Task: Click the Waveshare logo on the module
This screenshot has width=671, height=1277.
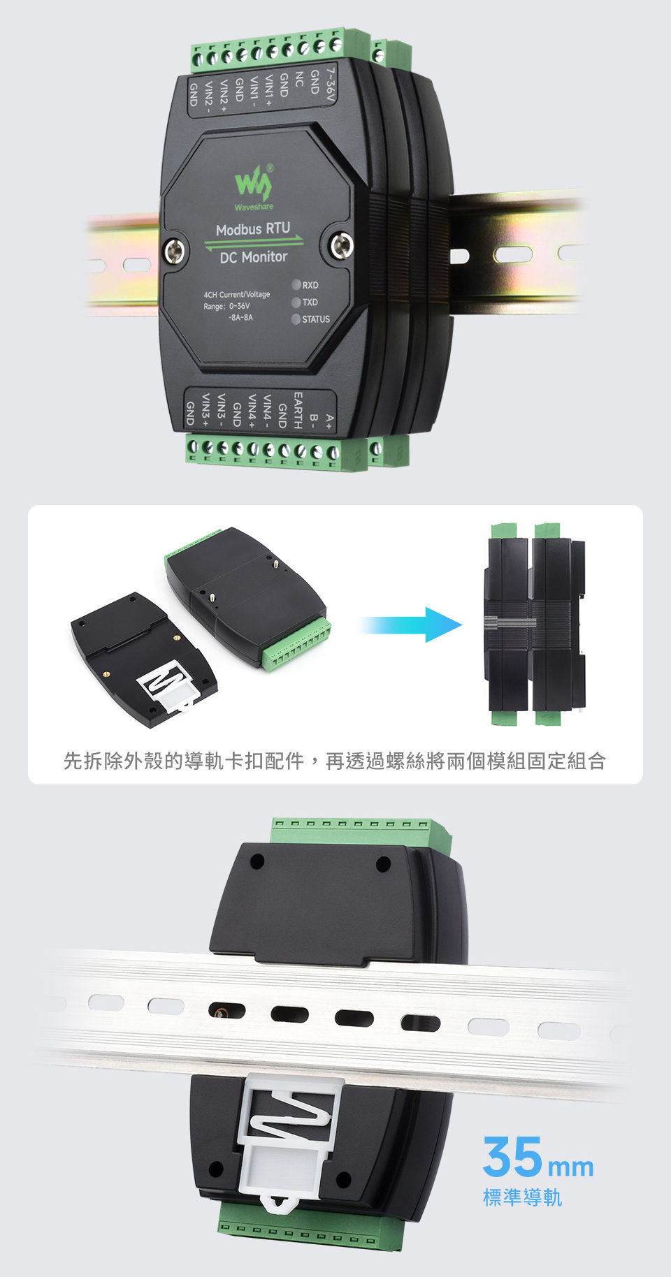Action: [x=254, y=184]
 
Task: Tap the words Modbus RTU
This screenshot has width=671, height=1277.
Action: [x=252, y=229]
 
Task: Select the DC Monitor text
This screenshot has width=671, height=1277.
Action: [x=253, y=257]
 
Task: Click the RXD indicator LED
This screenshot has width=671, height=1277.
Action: [x=296, y=285]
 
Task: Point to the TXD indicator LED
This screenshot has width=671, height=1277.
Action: [x=296, y=302]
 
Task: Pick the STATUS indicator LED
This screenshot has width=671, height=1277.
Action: [x=296, y=319]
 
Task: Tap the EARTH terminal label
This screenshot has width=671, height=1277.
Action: [x=298, y=410]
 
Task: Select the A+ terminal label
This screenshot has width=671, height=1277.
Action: [x=329, y=421]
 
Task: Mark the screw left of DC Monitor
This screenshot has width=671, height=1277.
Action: [x=174, y=250]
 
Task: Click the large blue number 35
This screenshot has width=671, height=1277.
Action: [x=512, y=1157]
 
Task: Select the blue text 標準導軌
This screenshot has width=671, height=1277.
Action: [x=522, y=1197]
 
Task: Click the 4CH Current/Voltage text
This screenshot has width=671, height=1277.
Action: [x=236, y=295]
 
